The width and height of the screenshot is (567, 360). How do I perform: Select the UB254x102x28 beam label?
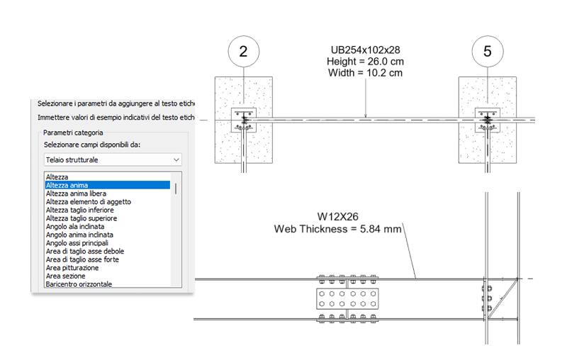(x=365, y=50)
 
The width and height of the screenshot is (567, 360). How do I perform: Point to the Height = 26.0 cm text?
(x=365, y=62)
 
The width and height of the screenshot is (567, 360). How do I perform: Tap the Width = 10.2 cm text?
(x=365, y=73)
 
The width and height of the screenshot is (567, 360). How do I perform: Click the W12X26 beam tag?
(x=338, y=217)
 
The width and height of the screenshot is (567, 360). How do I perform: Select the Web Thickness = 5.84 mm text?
(x=338, y=229)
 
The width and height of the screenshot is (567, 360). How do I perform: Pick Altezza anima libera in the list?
(x=76, y=193)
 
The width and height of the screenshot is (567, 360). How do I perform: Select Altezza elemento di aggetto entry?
(x=88, y=202)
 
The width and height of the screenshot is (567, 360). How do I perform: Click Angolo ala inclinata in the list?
(x=75, y=227)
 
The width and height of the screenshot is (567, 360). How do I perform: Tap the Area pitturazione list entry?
(x=72, y=268)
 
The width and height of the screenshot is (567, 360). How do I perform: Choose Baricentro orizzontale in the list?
(x=79, y=284)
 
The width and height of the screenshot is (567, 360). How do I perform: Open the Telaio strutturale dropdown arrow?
(x=176, y=159)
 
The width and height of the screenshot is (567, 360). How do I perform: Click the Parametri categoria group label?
(x=73, y=133)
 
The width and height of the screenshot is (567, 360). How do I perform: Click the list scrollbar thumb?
(x=176, y=189)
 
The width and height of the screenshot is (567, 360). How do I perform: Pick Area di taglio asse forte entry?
(x=82, y=259)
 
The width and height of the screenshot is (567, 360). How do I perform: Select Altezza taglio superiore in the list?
(x=82, y=218)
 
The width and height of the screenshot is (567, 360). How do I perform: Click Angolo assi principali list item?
(x=77, y=243)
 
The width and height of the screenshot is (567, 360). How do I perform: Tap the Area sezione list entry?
(x=65, y=276)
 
